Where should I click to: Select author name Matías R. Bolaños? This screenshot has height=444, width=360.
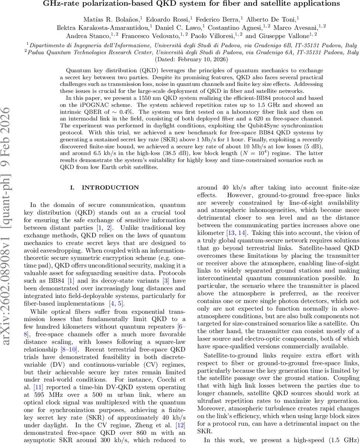[107, 19]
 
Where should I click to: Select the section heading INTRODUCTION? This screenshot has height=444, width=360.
[104, 188]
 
